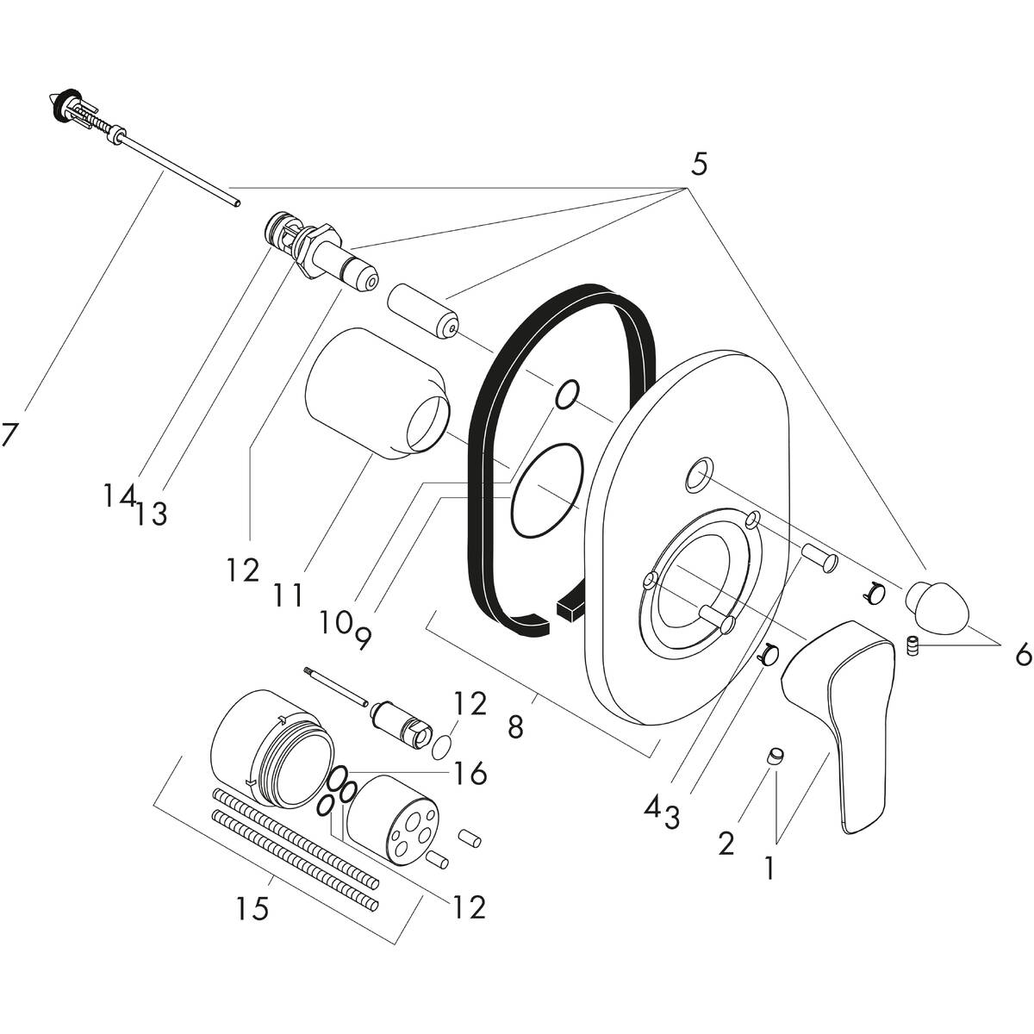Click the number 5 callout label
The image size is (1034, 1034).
point(698,164)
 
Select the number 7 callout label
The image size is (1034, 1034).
point(9,434)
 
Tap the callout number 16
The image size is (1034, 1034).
point(471,774)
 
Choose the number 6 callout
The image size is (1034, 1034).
point(1023,656)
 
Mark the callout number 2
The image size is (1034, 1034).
point(726,843)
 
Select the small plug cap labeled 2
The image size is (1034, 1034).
point(776,757)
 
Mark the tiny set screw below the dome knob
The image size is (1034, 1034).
point(913,646)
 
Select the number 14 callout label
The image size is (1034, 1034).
point(119,495)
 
